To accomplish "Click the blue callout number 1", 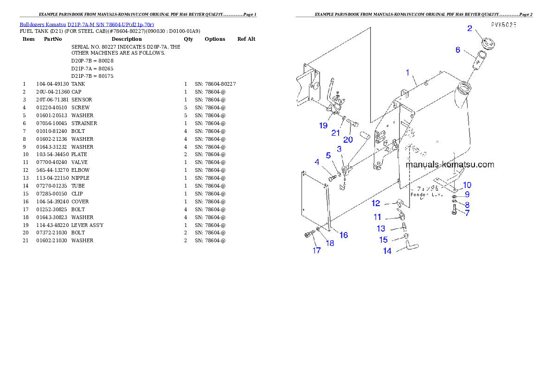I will pos(408,72).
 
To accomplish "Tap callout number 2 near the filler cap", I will pos(469,29).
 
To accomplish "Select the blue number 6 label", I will pos(458,50).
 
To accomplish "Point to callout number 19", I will pos(323,126).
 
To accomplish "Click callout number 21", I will pos(335,133).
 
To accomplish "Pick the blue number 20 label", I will pos(348,139).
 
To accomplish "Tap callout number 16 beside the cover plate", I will pos(344,235).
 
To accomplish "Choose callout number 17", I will pos(316,251).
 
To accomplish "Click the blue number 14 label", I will pos(387,251).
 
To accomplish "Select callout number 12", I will pos(376,203).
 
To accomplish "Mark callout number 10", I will pos(467,185).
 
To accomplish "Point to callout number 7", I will pos(467,213).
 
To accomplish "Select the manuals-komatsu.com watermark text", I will pos(449,164).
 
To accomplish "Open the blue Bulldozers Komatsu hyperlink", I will pos(87,25).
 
